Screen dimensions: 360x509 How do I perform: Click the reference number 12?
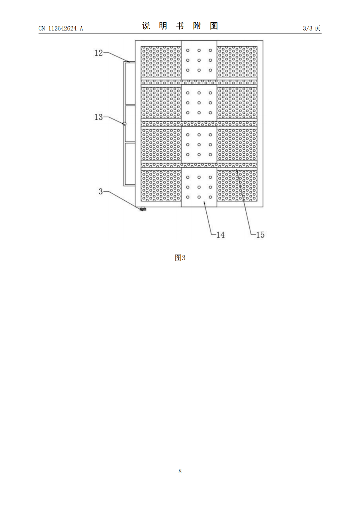coord(99,53)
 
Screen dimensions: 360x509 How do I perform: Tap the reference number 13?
coord(99,117)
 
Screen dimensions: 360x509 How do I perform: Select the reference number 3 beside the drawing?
coord(100,191)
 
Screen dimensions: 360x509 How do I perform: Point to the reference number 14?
coord(220,235)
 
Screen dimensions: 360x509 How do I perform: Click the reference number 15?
coord(260,235)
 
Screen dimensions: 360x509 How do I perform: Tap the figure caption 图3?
coord(180,258)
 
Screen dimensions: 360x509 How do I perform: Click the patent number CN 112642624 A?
coord(61,28)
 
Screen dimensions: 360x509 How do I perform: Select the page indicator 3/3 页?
coord(312,28)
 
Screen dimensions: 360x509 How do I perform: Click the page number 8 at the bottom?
coord(180,471)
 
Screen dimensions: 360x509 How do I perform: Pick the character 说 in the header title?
coord(146,26)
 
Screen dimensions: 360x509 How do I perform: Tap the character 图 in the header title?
coord(214,26)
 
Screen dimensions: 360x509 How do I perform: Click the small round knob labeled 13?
coord(124,124)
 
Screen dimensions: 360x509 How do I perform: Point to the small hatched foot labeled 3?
coord(143,209)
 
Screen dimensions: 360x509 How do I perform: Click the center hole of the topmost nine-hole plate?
coord(199,60)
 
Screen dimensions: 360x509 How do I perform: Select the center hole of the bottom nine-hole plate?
coord(199,187)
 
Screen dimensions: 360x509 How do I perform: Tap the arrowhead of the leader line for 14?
coord(204,202)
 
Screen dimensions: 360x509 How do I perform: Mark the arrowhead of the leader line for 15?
coord(236,171)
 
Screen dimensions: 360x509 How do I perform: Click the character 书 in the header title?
coord(180,26)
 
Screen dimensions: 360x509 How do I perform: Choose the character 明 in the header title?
coord(163,26)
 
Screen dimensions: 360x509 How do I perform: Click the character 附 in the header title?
coord(197,26)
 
